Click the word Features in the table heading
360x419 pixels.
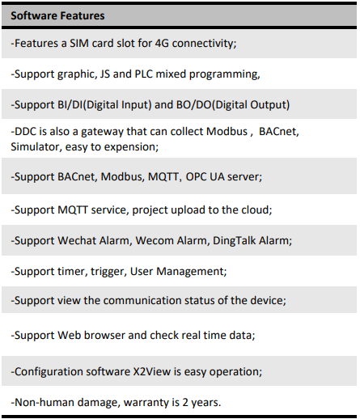(x=82, y=15)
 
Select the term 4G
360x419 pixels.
(x=162, y=43)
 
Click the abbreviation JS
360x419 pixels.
(x=105, y=74)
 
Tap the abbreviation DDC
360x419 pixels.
(x=25, y=132)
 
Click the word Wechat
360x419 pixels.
(x=77, y=240)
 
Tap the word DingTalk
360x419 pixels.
(x=234, y=241)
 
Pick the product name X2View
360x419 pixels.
(x=152, y=371)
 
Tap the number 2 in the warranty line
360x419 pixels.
(x=185, y=402)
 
